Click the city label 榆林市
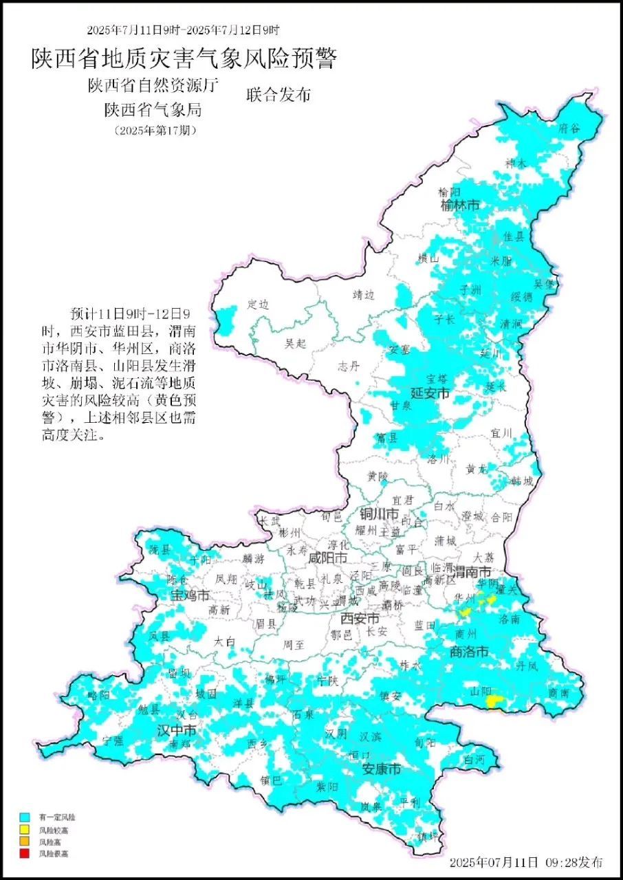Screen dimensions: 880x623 tap(460, 206)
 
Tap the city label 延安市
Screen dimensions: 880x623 tap(430, 394)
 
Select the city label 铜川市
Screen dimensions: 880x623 tap(379, 514)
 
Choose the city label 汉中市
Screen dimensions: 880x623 tap(177, 729)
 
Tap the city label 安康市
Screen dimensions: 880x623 tap(381, 770)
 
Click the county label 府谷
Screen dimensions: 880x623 tap(569, 128)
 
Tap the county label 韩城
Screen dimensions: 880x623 tap(522, 481)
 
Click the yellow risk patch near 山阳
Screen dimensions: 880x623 tap(494, 701)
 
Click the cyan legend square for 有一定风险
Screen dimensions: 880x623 tap(24, 817)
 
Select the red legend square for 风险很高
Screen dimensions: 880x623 tap(24, 853)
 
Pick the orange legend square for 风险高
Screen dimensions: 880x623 tap(24, 841)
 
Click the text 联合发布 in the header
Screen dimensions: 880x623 tap(278, 96)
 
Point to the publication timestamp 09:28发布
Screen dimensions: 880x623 tap(577, 862)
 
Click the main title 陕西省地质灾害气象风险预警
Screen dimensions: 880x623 tap(184, 59)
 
